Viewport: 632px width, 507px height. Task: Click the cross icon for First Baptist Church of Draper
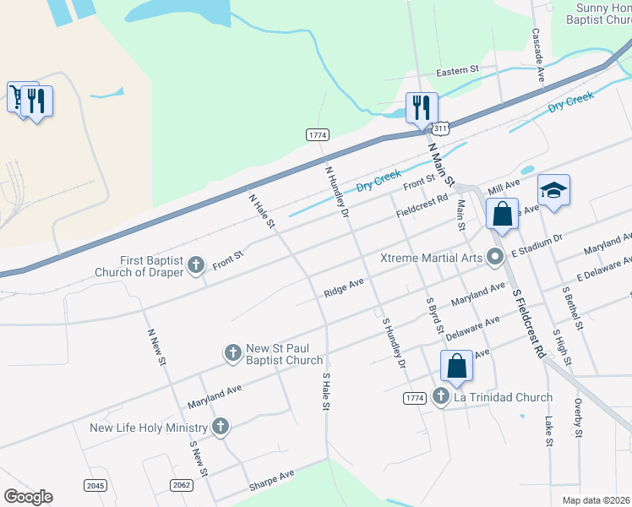(x=196, y=266)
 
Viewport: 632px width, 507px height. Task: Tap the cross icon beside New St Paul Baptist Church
(x=232, y=353)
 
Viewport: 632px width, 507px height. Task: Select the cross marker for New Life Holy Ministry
(x=221, y=427)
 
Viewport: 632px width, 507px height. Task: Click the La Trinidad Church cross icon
(x=440, y=396)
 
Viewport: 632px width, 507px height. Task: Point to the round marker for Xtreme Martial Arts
(x=497, y=258)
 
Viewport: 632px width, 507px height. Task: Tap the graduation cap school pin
(x=553, y=191)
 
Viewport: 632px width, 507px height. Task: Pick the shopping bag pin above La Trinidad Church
(x=456, y=368)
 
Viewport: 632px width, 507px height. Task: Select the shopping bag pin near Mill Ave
(x=502, y=215)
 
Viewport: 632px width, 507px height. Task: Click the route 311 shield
(x=440, y=128)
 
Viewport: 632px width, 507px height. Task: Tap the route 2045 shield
(x=95, y=484)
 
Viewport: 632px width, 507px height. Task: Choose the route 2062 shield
(x=181, y=484)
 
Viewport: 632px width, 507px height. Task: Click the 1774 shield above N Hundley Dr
(x=318, y=134)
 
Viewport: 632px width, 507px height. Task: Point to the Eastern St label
(x=457, y=71)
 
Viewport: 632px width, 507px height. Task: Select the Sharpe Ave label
(x=271, y=481)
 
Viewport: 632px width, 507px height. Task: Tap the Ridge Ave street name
(x=343, y=287)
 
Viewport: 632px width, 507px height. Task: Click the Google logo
(x=28, y=496)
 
